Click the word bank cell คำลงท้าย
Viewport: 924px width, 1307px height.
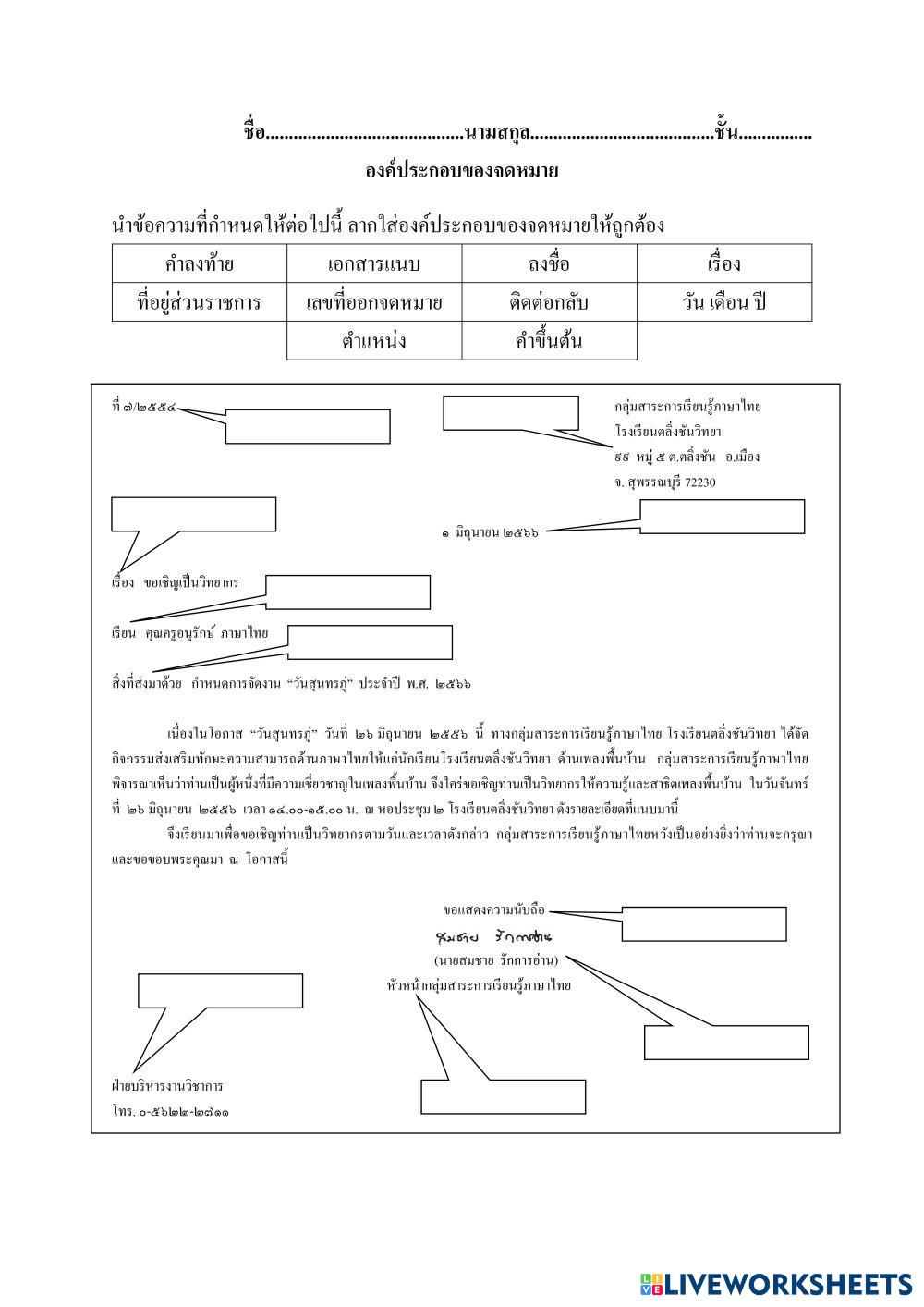(x=200, y=264)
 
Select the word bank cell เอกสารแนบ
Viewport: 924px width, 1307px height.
(x=374, y=264)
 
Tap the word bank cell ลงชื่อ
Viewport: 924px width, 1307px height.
(x=549, y=264)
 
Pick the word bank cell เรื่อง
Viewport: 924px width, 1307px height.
(x=723, y=264)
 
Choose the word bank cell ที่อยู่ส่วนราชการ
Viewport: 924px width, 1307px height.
(x=200, y=302)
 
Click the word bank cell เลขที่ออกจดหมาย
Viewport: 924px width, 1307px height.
(x=374, y=302)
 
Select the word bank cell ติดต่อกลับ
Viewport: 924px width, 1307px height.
(x=549, y=302)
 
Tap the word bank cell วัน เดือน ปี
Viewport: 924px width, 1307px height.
(x=723, y=302)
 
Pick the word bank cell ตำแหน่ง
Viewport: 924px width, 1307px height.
(x=374, y=341)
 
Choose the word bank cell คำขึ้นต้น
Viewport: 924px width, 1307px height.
(x=549, y=341)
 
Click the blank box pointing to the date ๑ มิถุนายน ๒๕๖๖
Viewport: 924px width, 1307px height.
(x=723, y=517)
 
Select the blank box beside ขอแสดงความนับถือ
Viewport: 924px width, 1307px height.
(x=704, y=923)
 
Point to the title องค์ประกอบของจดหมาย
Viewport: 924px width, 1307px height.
(x=462, y=171)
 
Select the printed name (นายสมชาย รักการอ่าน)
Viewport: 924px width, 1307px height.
(x=496, y=960)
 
